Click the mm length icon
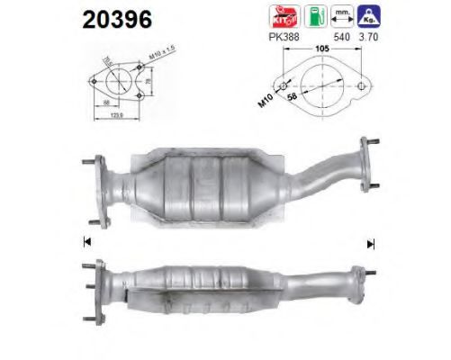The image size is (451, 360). [341, 14]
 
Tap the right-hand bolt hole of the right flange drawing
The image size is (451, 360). [362, 87]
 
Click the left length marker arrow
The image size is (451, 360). [86, 242]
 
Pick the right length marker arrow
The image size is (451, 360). [370, 242]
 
